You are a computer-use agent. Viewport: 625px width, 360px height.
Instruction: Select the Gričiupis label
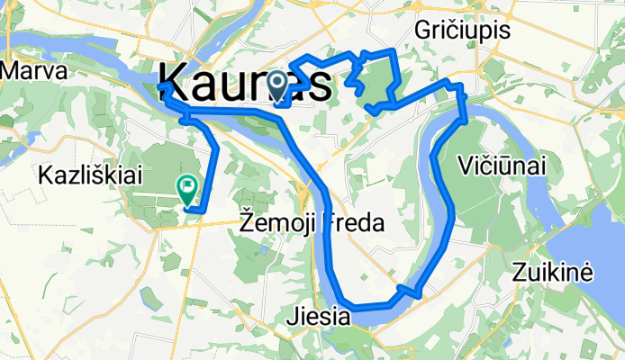coord(463,31)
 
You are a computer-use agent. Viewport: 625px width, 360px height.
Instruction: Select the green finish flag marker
coord(187,188)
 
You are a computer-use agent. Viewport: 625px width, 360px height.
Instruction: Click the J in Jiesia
coord(291,318)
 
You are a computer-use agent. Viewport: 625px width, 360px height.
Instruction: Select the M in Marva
coord(12,70)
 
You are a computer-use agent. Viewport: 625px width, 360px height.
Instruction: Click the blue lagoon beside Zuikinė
coord(590,243)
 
